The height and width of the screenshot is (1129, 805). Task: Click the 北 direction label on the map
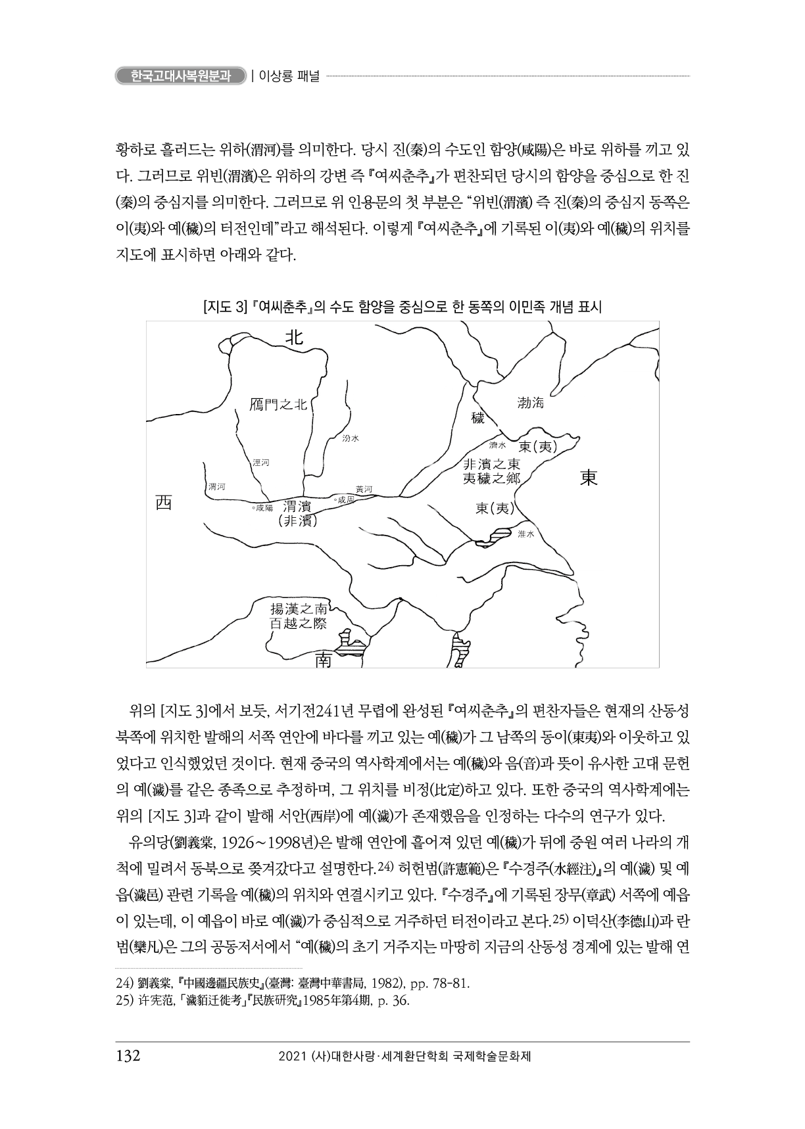pyautogui.click(x=293, y=337)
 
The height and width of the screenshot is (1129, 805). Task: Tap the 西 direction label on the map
pyautogui.click(x=163, y=503)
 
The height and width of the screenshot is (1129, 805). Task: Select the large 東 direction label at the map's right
pyautogui.click(x=589, y=478)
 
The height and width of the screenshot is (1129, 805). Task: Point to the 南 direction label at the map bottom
pyautogui.click(x=323, y=659)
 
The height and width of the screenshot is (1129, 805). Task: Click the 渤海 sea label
pyautogui.click(x=531, y=403)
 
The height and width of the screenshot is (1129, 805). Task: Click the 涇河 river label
pyautogui.click(x=261, y=463)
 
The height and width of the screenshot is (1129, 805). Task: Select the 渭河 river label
pyautogui.click(x=216, y=486)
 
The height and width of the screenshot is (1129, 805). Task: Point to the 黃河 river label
pyautogui.click(x=364, y=489)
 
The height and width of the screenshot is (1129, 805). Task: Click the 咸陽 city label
pyautogui.click(x=262, y=508)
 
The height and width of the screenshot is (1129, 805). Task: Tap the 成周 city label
pyautogui.click(x=345, y=500)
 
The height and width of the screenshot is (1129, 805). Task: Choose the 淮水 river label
pyautogui.click(x=526, y=534)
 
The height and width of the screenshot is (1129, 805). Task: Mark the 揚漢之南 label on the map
pyautogui.click(x=299, y=608)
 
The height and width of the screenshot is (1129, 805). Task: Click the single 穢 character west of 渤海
pyautogui.click(x=477, y=418)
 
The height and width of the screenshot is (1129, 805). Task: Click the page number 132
pyautogui.click(x=128, y=1056)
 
